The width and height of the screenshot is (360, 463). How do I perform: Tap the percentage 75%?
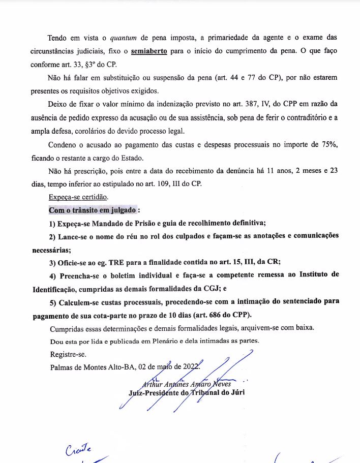click(326, 144)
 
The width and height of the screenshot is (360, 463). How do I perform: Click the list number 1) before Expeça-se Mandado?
click(53, 223)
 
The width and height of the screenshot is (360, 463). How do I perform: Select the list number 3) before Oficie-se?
click(53, 263)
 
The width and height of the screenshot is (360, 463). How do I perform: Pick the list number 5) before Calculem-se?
click(53, 301)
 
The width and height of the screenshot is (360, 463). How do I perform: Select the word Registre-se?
click(68, 354)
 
